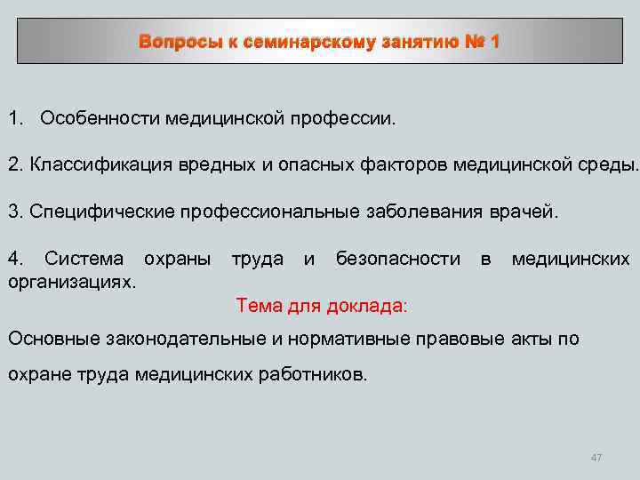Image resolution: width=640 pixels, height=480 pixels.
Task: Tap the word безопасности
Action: coord(398,260)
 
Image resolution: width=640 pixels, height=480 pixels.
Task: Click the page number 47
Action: coord(596,458)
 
